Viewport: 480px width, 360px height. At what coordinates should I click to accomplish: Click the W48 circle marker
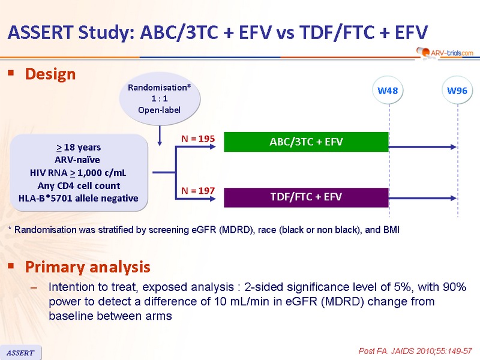tap(388, 91)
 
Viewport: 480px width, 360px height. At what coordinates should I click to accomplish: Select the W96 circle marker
tap(457, 91)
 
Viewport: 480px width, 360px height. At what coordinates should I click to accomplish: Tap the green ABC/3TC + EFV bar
tap(306, 142)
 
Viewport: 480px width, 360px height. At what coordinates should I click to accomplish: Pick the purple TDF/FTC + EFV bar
tap(306, 197)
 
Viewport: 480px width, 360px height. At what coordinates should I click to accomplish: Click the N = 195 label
tap(198, 139)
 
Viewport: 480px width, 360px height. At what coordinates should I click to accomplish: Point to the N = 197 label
tap(198, 191)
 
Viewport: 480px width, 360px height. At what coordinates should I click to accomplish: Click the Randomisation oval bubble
tap(160, 98)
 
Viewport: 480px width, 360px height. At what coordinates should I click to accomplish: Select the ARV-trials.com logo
tap(445, 53)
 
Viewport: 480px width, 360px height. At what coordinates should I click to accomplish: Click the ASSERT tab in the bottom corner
tap(20, 353)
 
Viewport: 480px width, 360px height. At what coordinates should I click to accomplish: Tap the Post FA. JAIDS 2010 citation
tap(415, 351)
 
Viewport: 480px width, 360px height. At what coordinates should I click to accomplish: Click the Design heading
tap(50, 74)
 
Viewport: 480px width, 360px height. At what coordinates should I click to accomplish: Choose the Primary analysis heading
tap(88, 266)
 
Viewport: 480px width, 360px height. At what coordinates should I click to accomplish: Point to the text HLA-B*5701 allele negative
tap(79, 198)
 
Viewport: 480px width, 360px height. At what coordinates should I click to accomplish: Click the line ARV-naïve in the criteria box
tap(77, 160)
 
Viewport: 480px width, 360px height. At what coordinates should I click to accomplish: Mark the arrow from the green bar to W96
tap(422, 147)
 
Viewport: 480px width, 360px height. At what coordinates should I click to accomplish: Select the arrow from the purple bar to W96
tap(422, 198)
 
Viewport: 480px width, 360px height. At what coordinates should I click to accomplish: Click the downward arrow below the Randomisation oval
tap(160, 136)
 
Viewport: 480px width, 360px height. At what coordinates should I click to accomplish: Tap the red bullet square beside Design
tap(11, 73)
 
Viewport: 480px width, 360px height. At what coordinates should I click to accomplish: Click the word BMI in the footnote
tap(391, 230)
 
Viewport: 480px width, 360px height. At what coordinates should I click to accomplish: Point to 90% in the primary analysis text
tap(455, 287)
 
